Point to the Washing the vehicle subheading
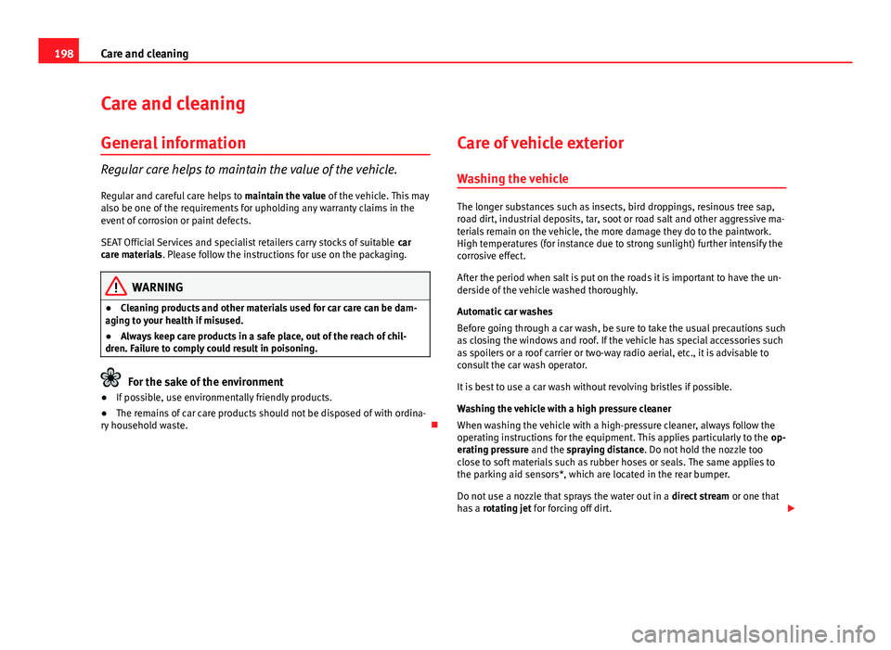coord(510,178)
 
